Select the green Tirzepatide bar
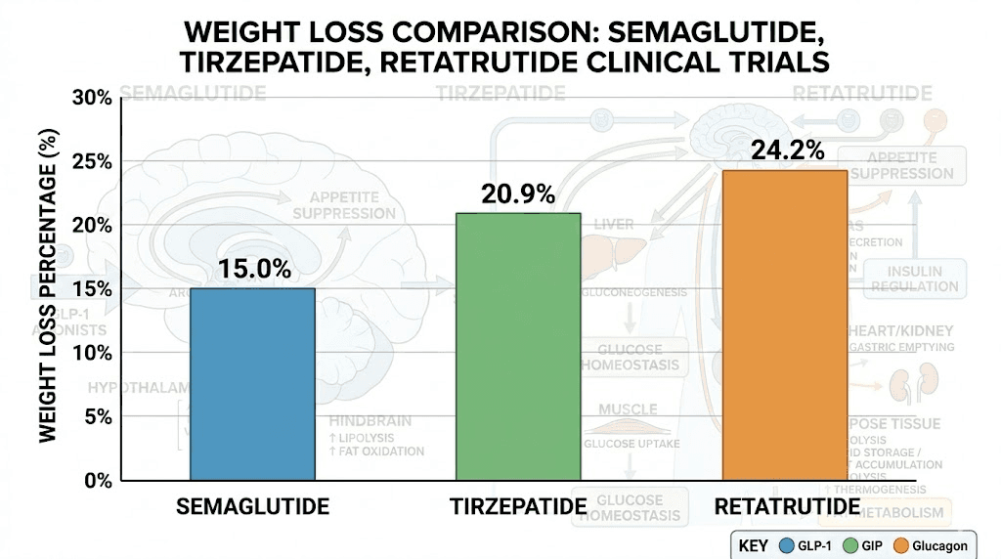pyautogui.click(x=518, y=347)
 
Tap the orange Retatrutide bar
pyautogui.click(x=784, y=325)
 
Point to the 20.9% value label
pyautogui.click(x=518, y=194)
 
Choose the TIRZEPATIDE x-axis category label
pyautogui.click(x=518, y=507)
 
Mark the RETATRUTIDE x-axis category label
pyautogui.click(x=787, y=507)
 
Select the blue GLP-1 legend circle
pyautogui.click(x=786, y=545)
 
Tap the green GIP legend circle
pyautogui.click(x=851, y=545)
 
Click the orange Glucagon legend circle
pyautogui.click(x=904, y=545)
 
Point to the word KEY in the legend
pyautogui.click(x=753, y=545)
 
